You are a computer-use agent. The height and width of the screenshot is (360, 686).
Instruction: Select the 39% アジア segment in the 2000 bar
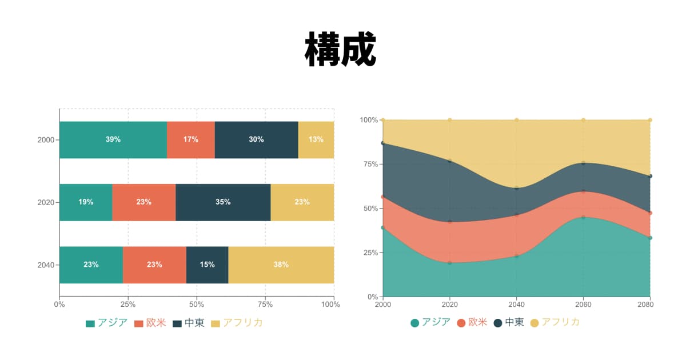click(113, 139)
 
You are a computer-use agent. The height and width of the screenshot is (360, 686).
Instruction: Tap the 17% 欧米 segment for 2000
click(191, 139)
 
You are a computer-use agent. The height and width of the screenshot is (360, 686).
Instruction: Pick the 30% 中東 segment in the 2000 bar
click(256, 139)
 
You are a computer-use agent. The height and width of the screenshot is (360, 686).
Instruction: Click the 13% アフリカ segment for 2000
click(316, 139)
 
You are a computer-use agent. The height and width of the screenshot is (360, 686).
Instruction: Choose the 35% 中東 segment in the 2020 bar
click(223, 202)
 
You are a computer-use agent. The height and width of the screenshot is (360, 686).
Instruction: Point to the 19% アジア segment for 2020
click(86, 202)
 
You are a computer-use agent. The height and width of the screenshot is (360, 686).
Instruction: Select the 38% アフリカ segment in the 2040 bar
click(281, 265)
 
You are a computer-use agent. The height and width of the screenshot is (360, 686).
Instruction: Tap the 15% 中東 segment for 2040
click(208, 265)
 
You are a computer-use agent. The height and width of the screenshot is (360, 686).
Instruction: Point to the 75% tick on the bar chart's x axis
click(265, 305)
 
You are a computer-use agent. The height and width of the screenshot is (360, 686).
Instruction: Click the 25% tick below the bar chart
click(128, 305)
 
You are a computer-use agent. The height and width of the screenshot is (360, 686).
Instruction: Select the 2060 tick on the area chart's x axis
click(583, 305)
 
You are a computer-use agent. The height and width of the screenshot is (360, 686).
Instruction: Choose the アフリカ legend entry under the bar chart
click(237, 323)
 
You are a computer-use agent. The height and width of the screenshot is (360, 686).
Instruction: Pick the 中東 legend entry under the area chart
click(508, 322)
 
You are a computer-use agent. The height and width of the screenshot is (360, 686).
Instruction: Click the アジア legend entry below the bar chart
click(107, 323)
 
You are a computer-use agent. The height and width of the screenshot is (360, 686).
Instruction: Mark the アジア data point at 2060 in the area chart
click(583, 217)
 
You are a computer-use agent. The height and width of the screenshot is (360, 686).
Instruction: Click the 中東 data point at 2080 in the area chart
click(650, 176)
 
